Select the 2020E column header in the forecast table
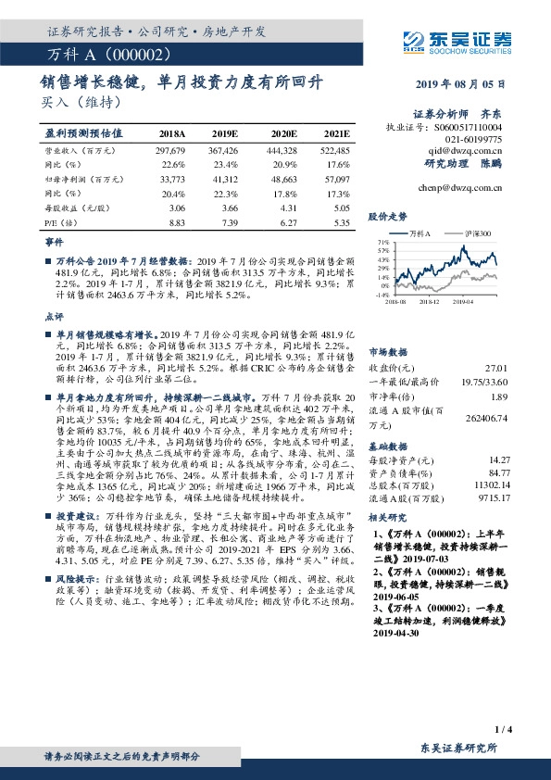(282, 133)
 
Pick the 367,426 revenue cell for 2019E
(226, 150)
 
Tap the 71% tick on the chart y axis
(382, 240)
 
